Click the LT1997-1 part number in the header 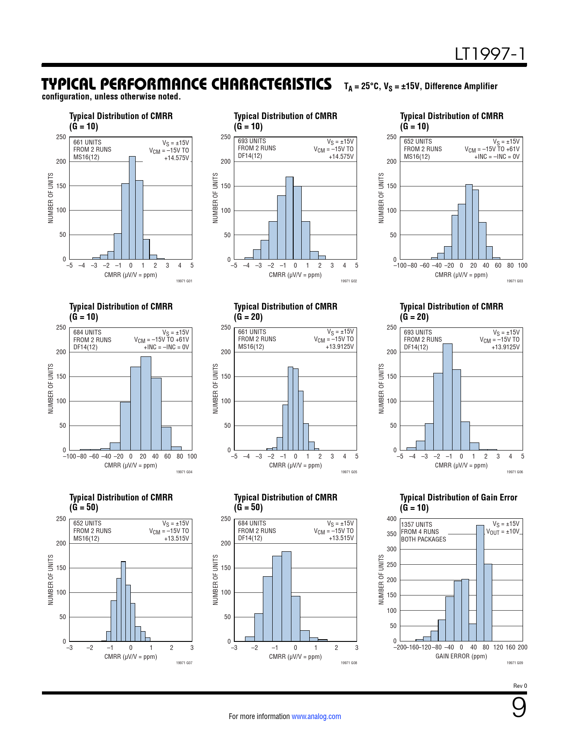point(490,54)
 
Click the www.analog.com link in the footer point(316,716)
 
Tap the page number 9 point(519,708)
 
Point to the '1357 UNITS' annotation point(416,525)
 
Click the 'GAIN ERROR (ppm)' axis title point(461,656)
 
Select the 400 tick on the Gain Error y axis point(391,519)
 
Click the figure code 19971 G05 point(349,472)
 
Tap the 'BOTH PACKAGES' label point(424,539)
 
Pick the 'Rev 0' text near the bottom point(520,686)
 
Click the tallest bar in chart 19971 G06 point(448,397)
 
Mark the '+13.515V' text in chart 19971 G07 point(176,538)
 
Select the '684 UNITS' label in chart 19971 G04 point(87,332)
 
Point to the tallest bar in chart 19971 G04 point(145,403)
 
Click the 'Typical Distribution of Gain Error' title point(458,497)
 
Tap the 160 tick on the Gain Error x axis point(511,647)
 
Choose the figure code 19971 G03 point(515,281)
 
